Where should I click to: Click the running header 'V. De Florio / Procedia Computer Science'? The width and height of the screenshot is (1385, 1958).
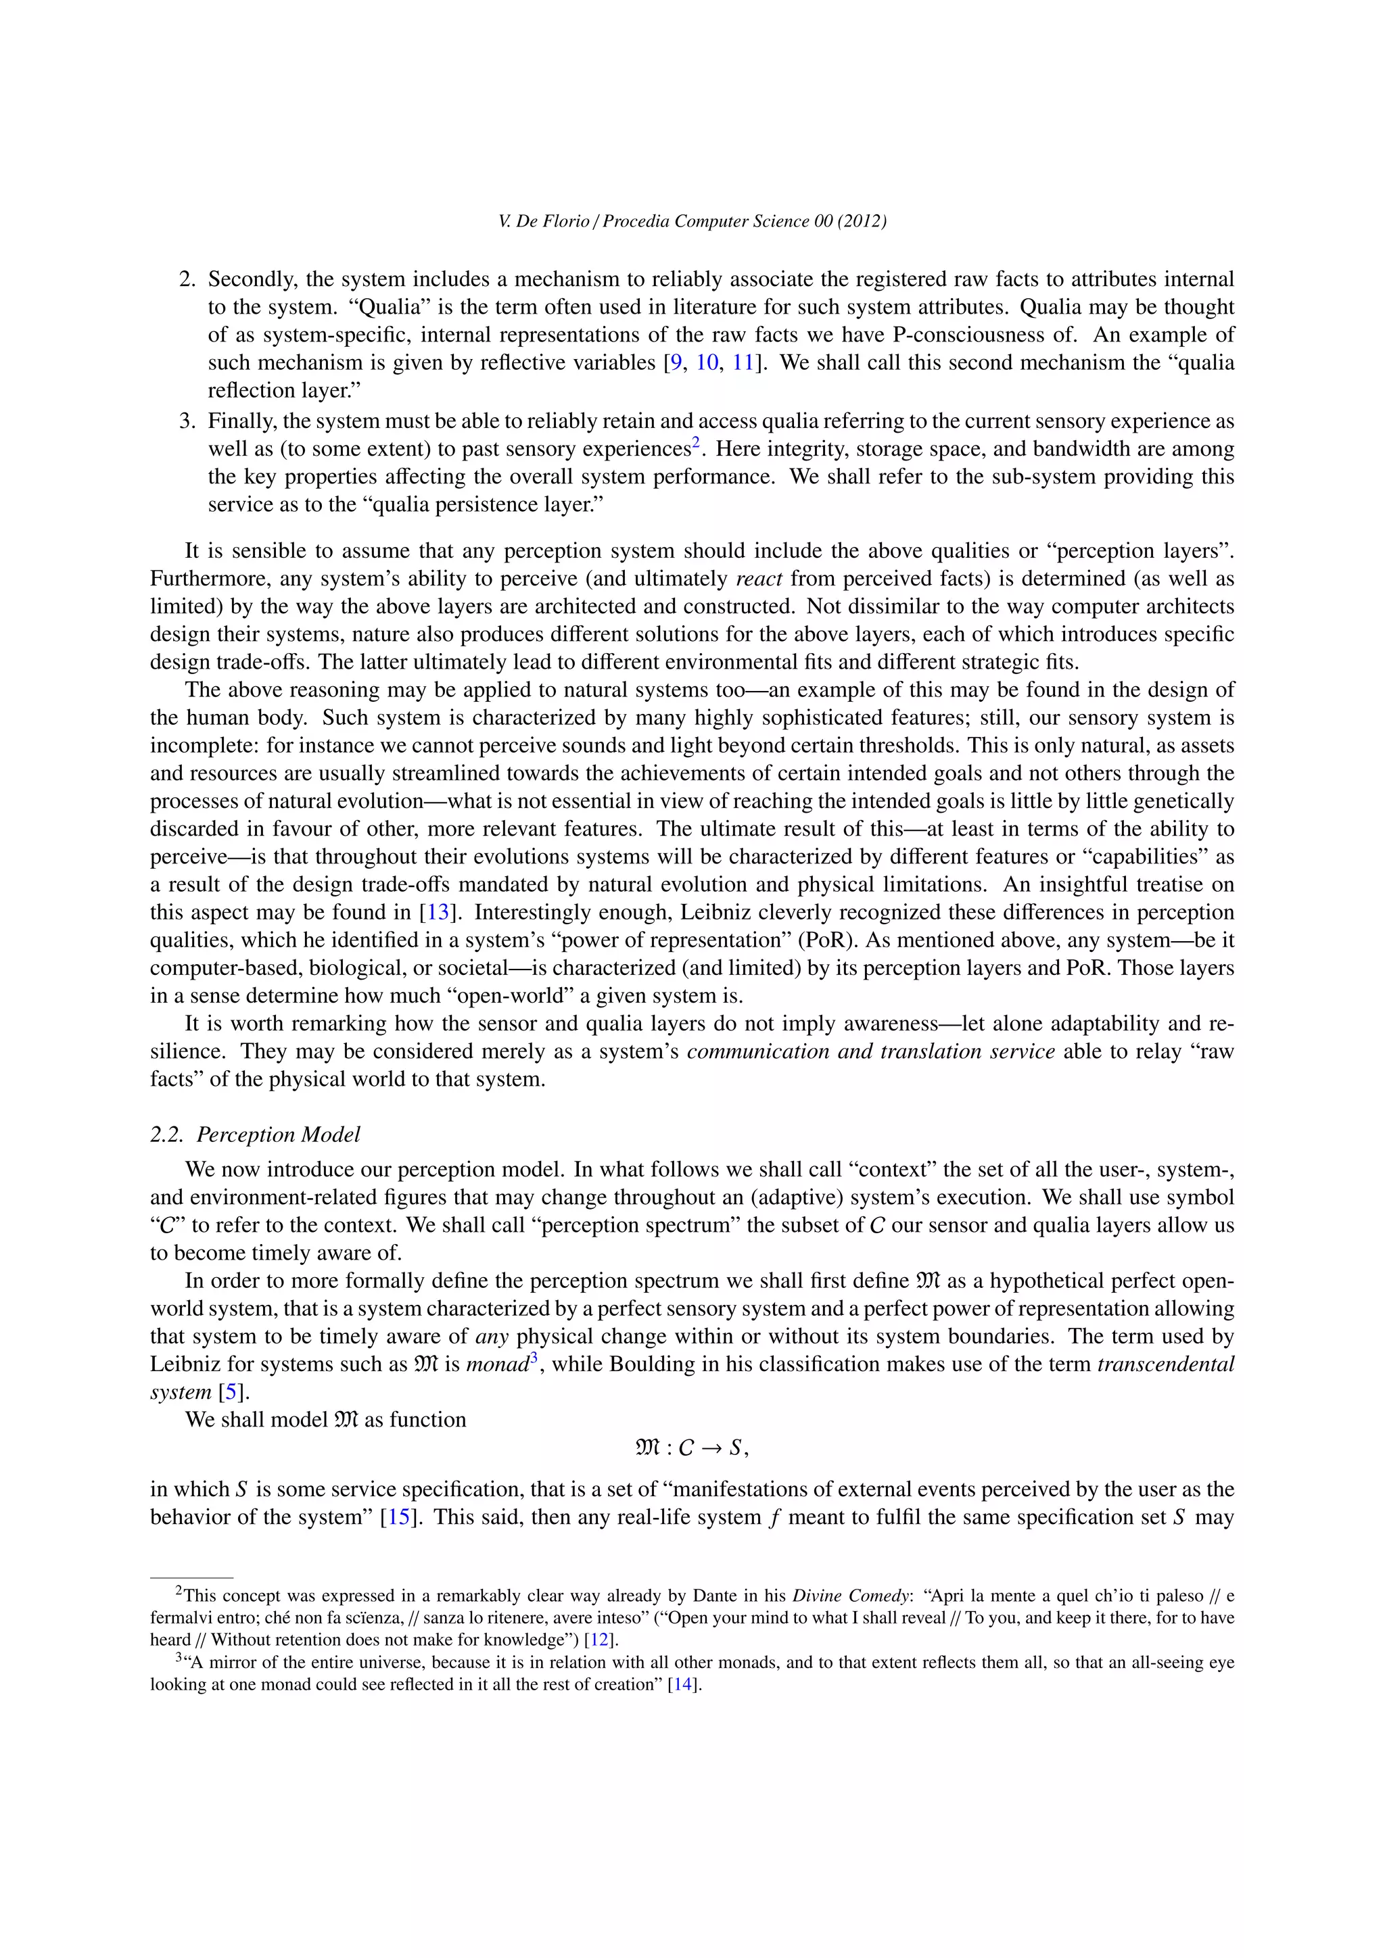coord(692,222)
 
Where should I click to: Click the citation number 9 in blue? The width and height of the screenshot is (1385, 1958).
coord(676,362)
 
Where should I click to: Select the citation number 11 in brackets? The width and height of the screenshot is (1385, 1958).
coord(743,362)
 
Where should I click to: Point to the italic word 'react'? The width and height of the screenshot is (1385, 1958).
coord(759,579)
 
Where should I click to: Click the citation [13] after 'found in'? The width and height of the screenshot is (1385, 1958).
coord(438,913)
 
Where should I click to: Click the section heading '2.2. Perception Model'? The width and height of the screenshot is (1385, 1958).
coord(255,1135)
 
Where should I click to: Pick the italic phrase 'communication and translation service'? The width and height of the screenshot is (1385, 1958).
coord(871,1051)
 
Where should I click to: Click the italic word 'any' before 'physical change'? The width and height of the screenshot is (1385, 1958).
coord(492,1336)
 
